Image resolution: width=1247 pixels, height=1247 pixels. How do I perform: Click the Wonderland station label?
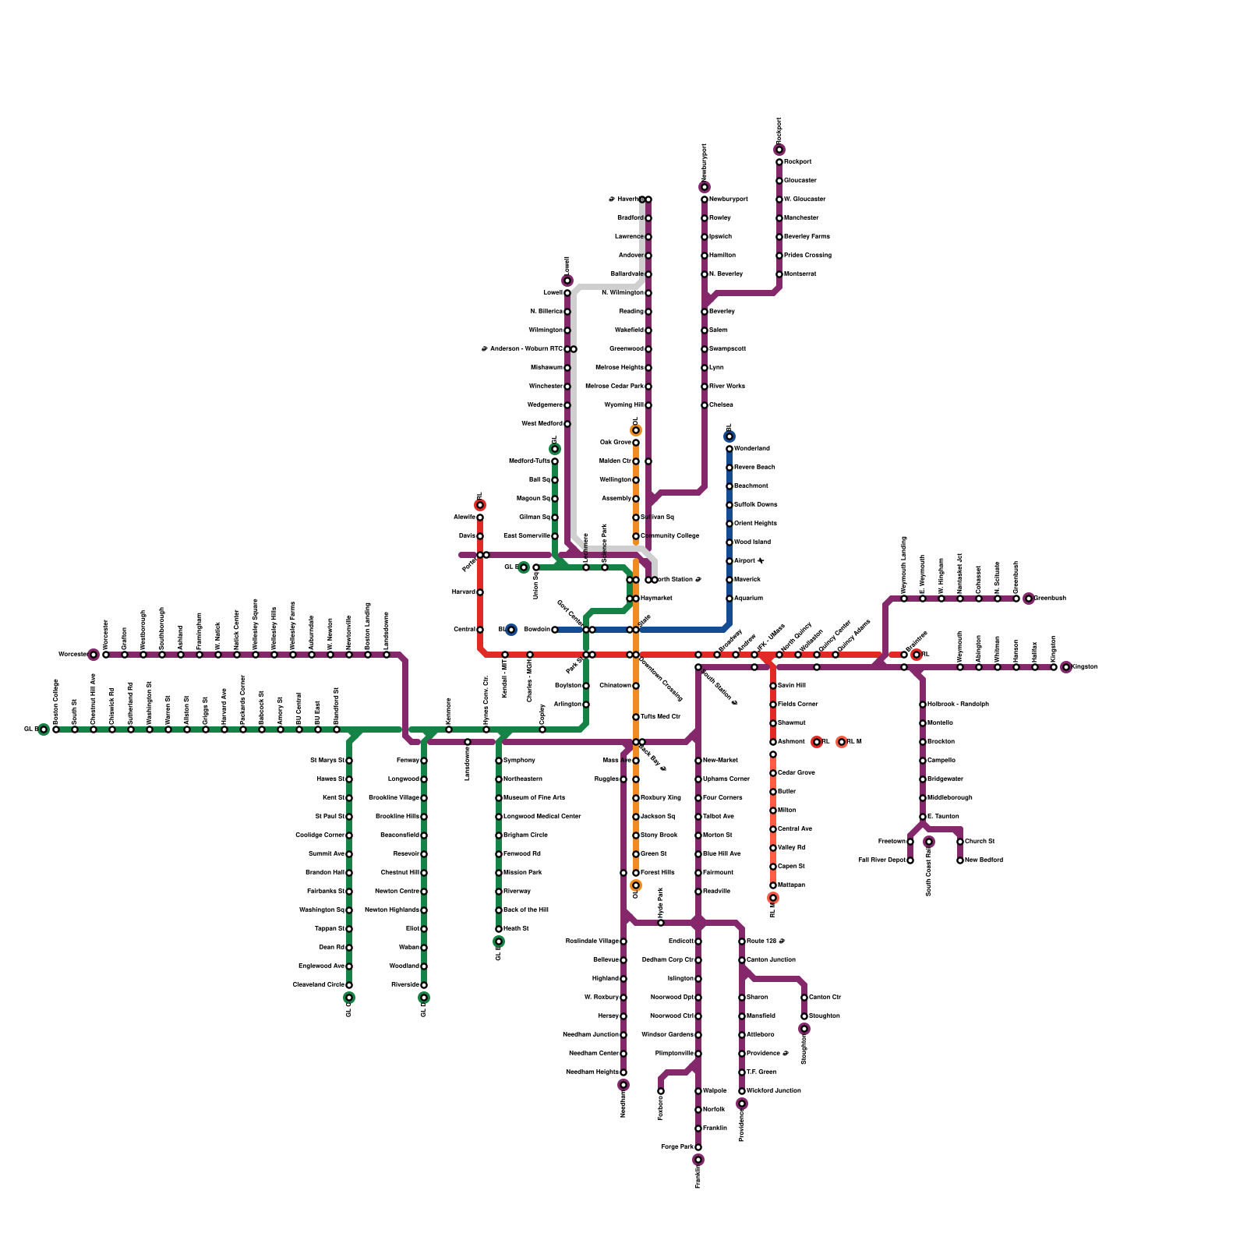751,448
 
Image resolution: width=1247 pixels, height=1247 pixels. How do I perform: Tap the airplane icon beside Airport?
761,560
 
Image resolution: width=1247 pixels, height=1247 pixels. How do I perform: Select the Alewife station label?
465,517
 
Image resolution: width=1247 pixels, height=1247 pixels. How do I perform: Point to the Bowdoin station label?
536,629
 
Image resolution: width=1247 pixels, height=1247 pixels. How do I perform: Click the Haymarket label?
656,598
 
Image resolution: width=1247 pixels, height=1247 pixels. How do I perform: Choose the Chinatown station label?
615,685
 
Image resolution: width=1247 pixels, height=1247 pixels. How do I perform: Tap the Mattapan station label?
791,885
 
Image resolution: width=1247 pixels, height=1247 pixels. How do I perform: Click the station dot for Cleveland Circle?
349,985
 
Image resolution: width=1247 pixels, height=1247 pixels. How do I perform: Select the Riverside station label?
405,984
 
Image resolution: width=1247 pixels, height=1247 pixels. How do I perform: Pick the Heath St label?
516,928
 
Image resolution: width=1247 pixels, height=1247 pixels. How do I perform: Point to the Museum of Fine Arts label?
534,797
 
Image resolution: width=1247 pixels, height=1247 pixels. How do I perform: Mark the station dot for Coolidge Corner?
349,835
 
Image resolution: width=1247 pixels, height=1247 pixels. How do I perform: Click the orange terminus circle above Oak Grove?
636,430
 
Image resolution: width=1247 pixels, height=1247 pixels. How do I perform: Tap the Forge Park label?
676,1146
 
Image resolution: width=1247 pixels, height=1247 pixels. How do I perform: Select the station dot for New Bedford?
960,860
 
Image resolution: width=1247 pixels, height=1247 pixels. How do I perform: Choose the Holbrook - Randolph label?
958,704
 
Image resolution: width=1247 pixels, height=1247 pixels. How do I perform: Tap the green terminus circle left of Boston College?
44,729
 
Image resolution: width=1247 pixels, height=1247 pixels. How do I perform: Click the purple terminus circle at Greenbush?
1029,599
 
